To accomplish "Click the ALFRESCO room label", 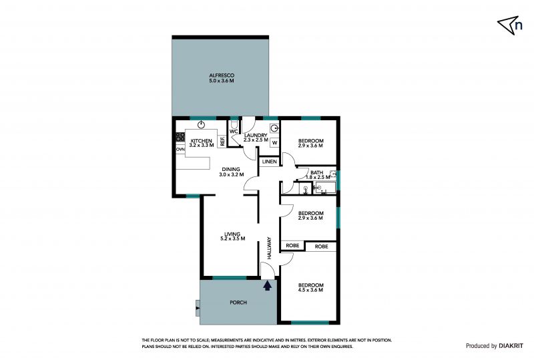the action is [x=222, y=75].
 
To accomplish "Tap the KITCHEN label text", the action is [x=202, y=141].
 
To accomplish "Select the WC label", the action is [x=234, y=132].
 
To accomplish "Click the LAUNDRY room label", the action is [x=256, y=136].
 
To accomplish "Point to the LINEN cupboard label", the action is [x=270, y=162].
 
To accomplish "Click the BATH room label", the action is [x=316, y=173].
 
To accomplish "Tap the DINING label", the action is [x=231, y=170].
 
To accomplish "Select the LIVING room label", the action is [x=232, y=234].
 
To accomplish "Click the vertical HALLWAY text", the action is [x=269, y=248].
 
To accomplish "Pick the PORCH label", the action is [x=238, y=303].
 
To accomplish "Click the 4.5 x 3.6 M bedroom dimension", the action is [x=310, y=290].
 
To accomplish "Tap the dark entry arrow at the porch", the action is [x=268, y=285].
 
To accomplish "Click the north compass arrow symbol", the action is [x=507, y=25].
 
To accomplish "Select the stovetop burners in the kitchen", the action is [x=180, y=137].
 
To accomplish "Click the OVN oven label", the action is [x=180, y=150].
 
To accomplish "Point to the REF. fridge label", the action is [x=222, y=141].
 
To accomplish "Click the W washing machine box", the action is [x=275, y=142].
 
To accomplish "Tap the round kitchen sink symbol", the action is [x=202, y=125].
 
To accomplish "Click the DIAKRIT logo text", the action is [x=511, y=346].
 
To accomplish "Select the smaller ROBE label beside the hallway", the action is [x=292, y=246].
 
